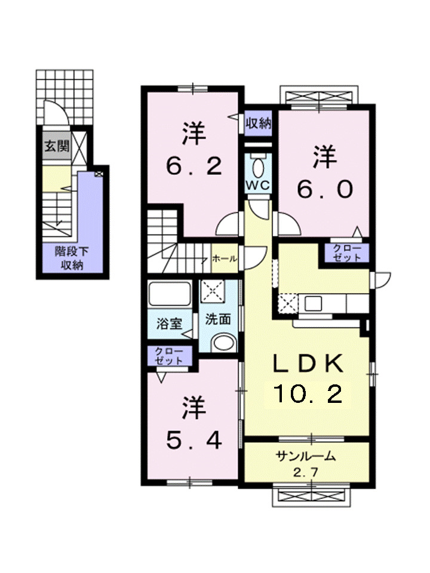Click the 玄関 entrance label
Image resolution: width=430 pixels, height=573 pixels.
[x=57, y=146]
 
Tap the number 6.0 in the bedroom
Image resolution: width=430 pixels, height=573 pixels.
[x=325, y=189]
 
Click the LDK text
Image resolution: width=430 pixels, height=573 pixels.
[x=308, y=364]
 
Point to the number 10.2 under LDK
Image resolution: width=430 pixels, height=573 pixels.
[x=308, y=394]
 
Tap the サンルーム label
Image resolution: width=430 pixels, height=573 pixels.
[x=306, y=458]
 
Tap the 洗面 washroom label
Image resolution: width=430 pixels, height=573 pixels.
[x=218, y=319]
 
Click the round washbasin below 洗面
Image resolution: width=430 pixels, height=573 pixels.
[x=224, y=343]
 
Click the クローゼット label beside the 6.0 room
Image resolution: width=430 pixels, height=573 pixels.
[x=346, y=253]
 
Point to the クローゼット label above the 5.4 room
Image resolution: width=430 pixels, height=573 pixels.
[x=170, y=356]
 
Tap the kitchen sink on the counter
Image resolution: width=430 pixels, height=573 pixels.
[x=314, y=303]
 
